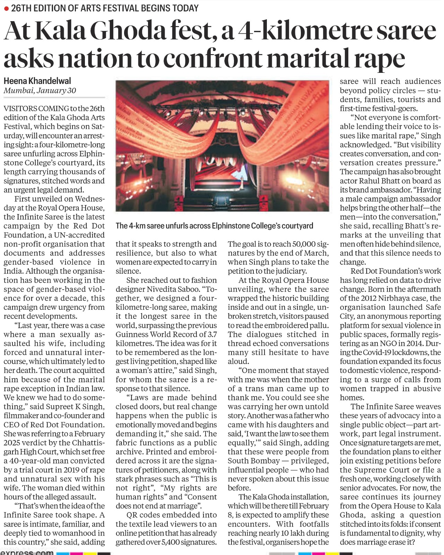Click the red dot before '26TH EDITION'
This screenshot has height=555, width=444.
(x=6, y=9)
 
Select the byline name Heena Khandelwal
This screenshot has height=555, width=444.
(x=37, y=81)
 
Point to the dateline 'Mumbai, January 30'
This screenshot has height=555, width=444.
(x=40, y=91)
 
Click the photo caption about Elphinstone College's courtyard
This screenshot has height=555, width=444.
(x=214, y=226)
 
